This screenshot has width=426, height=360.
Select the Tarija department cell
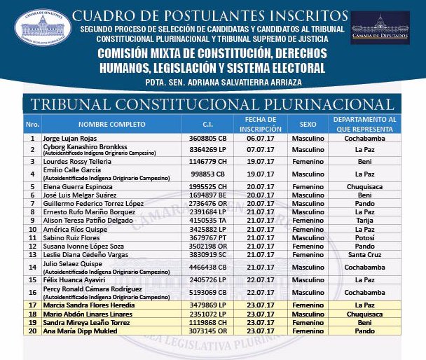364,219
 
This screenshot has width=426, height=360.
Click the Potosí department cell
364,237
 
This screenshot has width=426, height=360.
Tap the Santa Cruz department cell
364,255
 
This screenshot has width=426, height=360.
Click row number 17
32,305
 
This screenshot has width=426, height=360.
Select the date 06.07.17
259,139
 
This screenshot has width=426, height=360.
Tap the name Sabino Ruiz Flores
71,237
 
